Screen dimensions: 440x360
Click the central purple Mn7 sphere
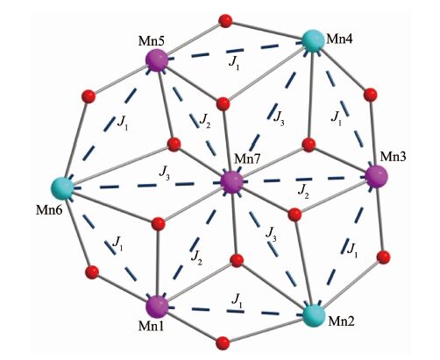tap(231, 181)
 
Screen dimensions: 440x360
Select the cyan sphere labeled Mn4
tap(313, 41)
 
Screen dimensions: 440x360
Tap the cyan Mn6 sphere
tap(63, 188)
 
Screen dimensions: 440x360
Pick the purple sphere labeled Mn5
tap(157, 60)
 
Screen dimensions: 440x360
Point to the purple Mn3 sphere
tap(377, 176)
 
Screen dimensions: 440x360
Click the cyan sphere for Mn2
tap(314, 315)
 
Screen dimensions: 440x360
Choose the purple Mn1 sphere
tap(157, 307)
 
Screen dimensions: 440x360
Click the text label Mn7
tap(247, 159)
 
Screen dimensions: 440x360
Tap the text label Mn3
tap(393, 157)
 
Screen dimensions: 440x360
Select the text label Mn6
tap(49, 210)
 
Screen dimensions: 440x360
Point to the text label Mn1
tap(151, 326)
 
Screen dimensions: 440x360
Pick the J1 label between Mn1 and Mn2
tap(237, 300)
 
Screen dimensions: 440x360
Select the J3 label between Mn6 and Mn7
tap(164, 173)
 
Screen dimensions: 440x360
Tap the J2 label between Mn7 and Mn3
tap(303, 193)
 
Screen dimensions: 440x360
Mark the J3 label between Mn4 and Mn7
tap(279, 118)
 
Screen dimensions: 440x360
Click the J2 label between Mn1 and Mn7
tap(196, 258)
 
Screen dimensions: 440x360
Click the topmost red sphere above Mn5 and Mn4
tap(225, 21)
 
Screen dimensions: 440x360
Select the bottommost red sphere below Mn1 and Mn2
tap(223, 342)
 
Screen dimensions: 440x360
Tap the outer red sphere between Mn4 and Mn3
tap(371, 95)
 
